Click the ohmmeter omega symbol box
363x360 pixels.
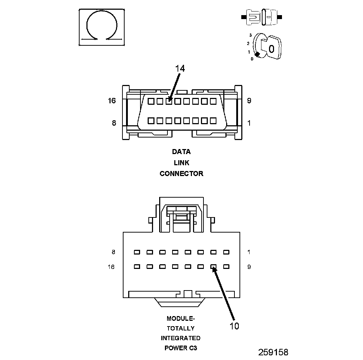point(102,27)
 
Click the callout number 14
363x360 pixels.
point(180,69)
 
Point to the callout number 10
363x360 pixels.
point(234,326)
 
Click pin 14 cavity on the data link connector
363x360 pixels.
point(169,102)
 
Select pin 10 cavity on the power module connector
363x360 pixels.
point(213,267)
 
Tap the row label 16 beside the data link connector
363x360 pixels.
point(112,101)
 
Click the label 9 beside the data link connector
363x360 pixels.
point(249,101)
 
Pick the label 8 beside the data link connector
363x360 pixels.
point(114,123)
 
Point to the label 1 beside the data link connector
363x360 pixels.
point(249,123)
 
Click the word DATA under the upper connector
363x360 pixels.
point(181,152)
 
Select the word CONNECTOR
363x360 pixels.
point(181,174)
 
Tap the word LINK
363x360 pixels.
point(181,163)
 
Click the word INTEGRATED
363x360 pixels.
point(180,338)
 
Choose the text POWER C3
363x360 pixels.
point(180,348)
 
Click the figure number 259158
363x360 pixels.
point(273,352)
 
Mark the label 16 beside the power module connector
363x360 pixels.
point(111,267)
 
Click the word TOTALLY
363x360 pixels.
point(180,328)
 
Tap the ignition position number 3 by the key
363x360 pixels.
point(250,35)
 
